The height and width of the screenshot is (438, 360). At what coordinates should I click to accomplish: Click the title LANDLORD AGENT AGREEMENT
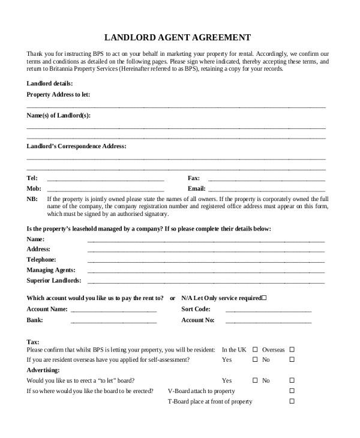(178, 37)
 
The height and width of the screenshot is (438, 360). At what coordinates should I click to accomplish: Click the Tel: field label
(32, 178)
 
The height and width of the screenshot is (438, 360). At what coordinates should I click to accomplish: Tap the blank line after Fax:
(266, 179)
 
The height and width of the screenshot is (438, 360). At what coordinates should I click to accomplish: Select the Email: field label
(197, 189)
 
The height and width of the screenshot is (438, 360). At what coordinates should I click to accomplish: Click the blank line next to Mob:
(105, 190)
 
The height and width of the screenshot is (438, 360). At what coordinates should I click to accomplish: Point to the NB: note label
(32, 199)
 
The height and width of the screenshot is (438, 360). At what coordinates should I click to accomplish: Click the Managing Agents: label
(51, 270)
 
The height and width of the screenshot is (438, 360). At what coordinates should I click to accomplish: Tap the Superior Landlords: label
(54, 280)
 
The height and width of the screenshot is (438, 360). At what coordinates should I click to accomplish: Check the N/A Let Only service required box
(265, 298)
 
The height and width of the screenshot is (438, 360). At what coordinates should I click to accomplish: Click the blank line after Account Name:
(114, 311)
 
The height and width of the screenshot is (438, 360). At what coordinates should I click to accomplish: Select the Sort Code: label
(196, 309)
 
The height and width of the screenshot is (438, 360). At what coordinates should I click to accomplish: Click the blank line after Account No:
(268, 322)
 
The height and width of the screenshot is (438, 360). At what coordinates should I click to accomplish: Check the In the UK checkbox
(255, 349)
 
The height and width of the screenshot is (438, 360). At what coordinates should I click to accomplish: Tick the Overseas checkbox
(292, 349)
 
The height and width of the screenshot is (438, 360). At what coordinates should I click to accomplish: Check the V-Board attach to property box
(292, 391)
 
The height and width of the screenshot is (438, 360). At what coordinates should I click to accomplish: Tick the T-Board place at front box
(292, 401)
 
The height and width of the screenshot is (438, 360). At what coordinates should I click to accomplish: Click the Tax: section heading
(33, 341)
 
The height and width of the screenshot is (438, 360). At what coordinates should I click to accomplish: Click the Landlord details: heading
(49, 83)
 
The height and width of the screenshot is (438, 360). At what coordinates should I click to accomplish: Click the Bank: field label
(35, 320)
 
